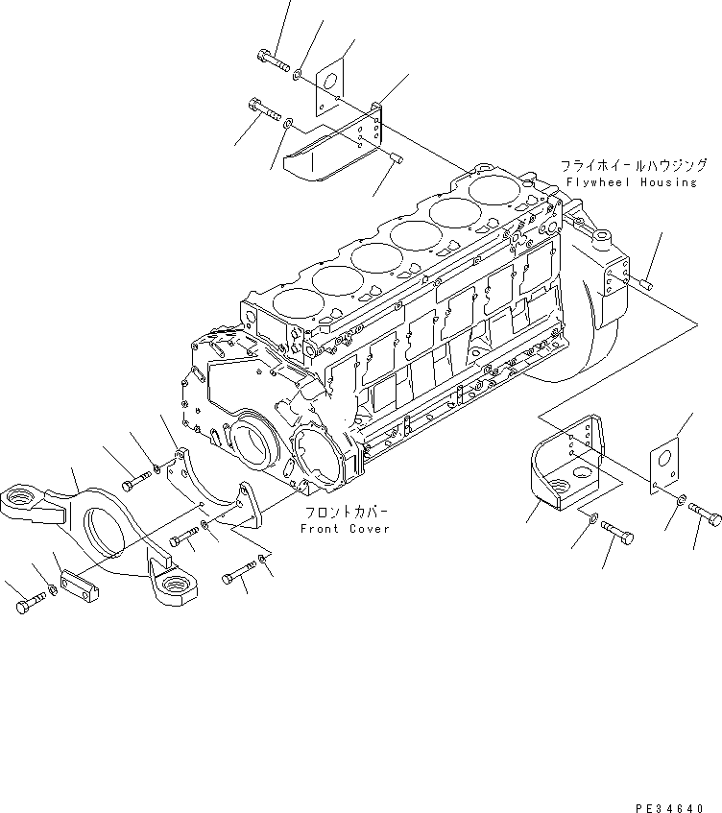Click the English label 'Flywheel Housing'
(x=630, y=182)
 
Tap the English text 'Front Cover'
(x=345, y=529)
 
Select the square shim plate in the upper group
(x=331, y=83)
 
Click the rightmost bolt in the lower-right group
(x=706, y=517)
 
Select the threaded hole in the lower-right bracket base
(x=580, y=473)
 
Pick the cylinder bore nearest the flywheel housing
(x=493, y=188)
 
